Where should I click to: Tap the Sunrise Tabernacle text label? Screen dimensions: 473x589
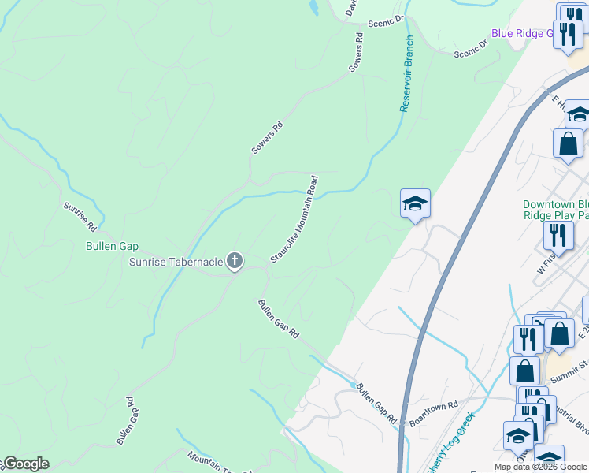[176, 262]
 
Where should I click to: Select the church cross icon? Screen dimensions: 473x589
[234, 261]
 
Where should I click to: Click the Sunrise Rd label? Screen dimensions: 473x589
[80, 216]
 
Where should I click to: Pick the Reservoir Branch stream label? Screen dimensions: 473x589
[407, 74]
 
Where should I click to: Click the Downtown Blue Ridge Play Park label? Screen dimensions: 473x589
[556, 209]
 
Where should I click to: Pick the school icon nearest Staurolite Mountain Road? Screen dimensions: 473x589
[415, 204]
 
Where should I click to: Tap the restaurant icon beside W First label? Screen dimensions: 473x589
[558, 235]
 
